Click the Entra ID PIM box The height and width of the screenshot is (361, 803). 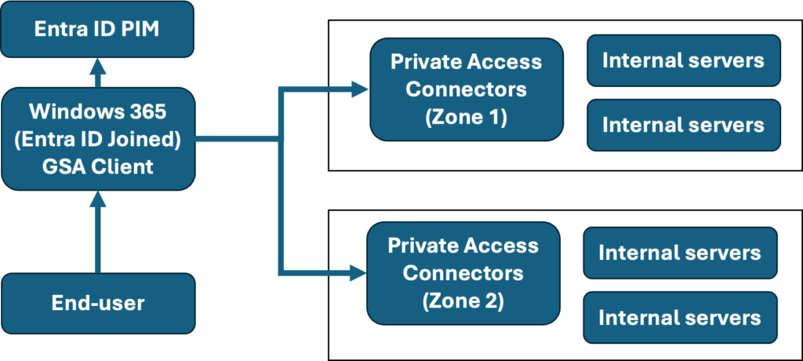pos(97,29)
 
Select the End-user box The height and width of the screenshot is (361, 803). pos(97,303)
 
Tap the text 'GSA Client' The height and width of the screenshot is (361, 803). pos(97,166)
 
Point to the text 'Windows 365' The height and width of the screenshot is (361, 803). pos(97,111)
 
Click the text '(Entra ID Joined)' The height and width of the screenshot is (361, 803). pos(97,139)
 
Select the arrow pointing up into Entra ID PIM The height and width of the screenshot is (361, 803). pos(97,73)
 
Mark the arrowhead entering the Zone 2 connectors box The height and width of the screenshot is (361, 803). pos(358,273)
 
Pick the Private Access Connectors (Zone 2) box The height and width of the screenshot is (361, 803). pos(463,273)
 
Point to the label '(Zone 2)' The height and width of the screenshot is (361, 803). pos(463,301)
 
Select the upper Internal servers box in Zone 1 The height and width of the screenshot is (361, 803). pos(683,60)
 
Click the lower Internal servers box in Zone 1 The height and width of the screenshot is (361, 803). pos(683,125)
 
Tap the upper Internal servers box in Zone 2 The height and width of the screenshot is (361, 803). pos(679,253)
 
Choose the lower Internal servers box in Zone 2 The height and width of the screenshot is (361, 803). pos(679,317)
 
